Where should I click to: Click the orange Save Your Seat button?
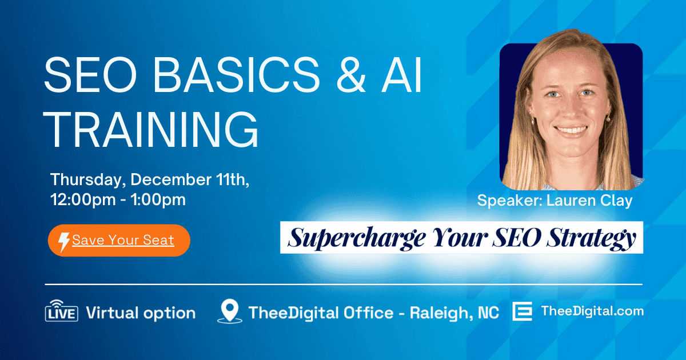coord(118,240)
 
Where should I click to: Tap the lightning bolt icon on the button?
coord(65,241)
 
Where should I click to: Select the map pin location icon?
coord(230,312)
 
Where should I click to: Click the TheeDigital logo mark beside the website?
coord(522,312)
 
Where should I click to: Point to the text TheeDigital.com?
coord(592,311)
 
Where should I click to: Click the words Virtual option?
coord(141,313)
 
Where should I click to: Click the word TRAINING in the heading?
coord(152,130)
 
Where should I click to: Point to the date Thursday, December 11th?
coord(150,179)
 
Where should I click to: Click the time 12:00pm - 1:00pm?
coord(118,200)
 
